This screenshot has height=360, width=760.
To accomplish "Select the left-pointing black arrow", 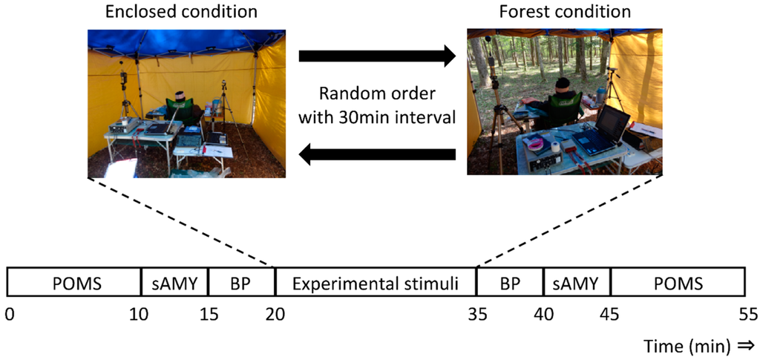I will [x=376, y=154].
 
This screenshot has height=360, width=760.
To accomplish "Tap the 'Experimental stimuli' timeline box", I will [x=376, y=283].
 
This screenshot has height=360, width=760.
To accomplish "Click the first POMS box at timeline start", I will [x=73, y=283].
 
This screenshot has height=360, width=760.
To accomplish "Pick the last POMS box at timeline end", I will [x=677, y=283].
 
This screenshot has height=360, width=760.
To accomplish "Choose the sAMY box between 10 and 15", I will [x=174, y=283].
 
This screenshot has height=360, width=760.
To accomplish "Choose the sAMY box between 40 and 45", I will [x=577, y=283].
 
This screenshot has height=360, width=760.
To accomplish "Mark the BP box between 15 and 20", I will [x=241, y=283].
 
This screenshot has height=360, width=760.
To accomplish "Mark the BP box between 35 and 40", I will [x=510, y=283].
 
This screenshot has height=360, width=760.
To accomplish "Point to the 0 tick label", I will [x=8, y=314].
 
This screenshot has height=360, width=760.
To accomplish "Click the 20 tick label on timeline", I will [x=275, y=314].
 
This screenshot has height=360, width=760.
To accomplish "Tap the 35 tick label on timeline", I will [x=476, y=314].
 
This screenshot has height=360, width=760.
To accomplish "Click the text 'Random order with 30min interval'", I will [x=376, y=105].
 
